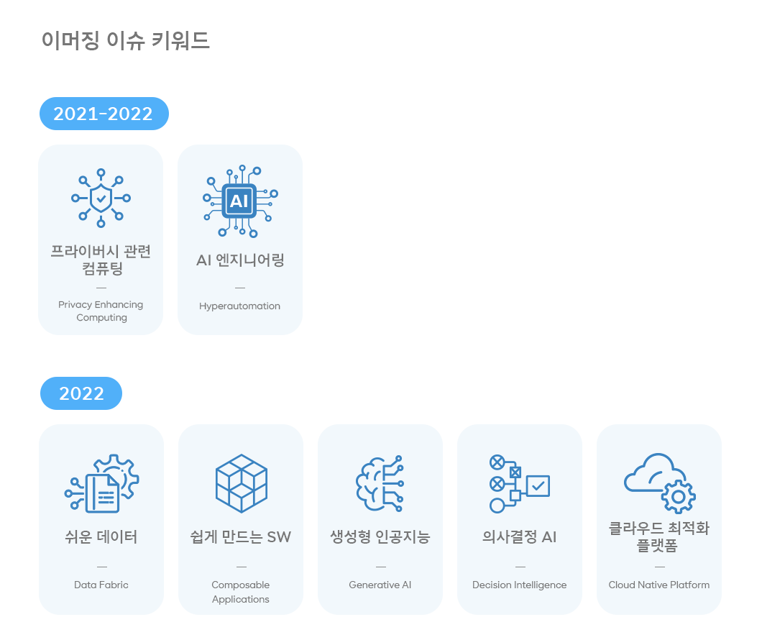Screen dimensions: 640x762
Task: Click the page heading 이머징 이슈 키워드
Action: click(x=126, y=40)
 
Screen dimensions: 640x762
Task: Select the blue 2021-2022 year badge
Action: click(x=104, y=114)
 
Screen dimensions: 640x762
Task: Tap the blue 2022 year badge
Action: click(x=81, y=393)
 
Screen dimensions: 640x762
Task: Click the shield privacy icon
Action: click(x=101, y=196)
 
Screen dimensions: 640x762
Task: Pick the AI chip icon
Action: click(x=239, y=201)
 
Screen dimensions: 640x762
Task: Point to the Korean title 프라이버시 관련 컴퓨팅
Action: click(x=101, y=260)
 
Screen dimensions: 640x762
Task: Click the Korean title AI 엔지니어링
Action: click(x=240, y=260)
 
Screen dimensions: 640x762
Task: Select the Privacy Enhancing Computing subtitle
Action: click(x=101, y=311)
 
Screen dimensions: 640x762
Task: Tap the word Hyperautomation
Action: click(x=239, y=306)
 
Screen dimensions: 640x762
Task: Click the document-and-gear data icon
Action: click(x=101, y=483)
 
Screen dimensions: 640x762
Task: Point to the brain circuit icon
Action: click(x=380, y=483)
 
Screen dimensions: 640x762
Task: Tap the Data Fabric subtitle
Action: click(x=101, y=585)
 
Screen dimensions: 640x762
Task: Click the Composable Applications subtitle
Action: click(x=241, y=592)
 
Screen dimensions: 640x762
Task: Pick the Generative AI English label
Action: click(x=380, y=585)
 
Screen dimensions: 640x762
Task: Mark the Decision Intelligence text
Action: click(x=519, y=585)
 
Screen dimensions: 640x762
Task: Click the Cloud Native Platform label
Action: click(x=659, y=585)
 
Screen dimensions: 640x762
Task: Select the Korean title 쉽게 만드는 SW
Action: click(x=241, y=537)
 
